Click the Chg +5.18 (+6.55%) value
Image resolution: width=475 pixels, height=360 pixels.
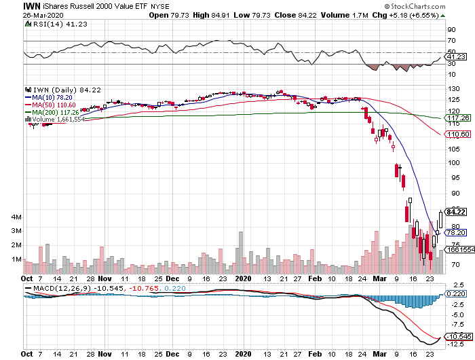coord(418,15)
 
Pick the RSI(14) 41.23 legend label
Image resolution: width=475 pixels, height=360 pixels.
coord(51,24)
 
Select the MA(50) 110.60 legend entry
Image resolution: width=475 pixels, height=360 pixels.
coord(55,105)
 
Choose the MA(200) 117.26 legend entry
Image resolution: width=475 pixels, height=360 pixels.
coord(57,112)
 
